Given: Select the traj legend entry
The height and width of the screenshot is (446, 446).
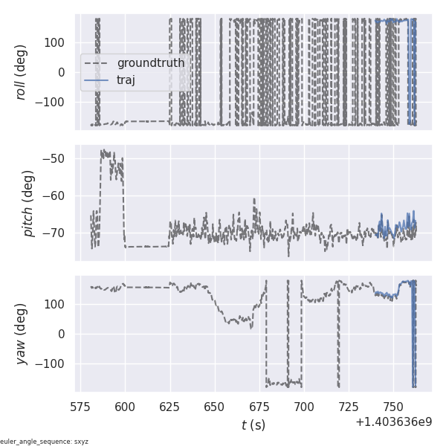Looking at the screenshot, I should [126, 80].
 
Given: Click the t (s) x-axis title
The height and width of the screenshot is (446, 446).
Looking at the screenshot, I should [253, 425].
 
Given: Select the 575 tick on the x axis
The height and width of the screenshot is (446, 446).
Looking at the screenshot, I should [81, 406].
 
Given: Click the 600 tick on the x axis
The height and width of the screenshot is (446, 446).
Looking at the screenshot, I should [125, 406].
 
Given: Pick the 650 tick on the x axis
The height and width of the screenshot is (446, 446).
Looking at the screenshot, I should [215, 406].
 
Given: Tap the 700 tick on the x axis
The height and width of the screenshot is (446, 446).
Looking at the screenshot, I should [304, 406].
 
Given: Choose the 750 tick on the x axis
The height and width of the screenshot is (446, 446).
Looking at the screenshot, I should [393, 406].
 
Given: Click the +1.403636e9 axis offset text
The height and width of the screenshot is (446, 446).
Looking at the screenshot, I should [393, 422].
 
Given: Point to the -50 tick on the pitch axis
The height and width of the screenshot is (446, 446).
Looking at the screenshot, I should [59, 158].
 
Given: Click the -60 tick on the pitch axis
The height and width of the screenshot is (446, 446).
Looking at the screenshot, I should [59, 195].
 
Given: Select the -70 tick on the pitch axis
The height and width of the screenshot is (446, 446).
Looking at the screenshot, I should [59, 233].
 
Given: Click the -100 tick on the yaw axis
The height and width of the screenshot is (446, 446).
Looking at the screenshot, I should [55, 363].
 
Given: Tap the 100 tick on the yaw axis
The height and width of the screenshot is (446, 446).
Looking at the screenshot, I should [58, 304].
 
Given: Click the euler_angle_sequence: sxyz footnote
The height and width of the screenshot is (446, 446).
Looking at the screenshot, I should [44, 442].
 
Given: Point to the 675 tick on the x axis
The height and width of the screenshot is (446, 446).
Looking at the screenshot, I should [259, 406].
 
